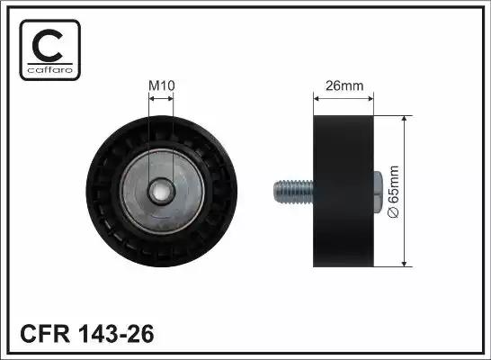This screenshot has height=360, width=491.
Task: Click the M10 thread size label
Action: coord(161,85)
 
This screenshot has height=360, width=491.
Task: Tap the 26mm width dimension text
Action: coord(344,85)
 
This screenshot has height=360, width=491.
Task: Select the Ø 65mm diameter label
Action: coord(393,192)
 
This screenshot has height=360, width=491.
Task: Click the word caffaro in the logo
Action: coord(50,69)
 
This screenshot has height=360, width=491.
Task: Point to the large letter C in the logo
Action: coord(48,45)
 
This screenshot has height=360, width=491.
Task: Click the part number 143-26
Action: coord(117,334)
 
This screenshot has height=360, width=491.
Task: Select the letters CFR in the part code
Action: coord(45,334)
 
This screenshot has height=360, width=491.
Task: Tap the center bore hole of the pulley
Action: coord(161,191)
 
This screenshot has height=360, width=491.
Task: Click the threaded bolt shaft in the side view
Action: coord(293,192)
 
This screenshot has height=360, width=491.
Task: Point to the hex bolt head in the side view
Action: coord(378,192)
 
